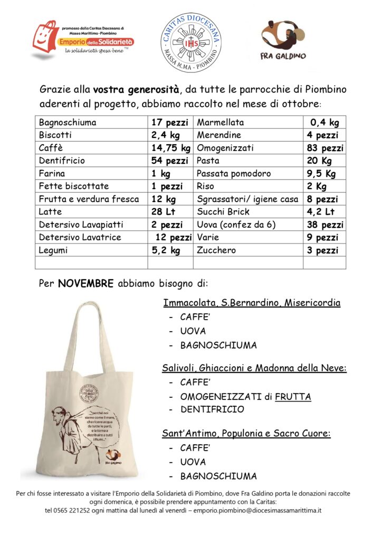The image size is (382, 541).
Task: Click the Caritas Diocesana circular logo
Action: point(190,43)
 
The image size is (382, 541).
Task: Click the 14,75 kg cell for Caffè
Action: point(170,148)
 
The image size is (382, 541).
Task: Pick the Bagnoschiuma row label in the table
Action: point(68,123)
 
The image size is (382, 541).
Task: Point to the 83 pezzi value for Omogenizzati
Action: point(325,148)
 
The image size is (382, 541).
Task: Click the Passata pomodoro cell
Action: point(234,174)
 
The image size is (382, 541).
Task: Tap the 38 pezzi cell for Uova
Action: point(325,225)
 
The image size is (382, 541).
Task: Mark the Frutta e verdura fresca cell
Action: point(89,199)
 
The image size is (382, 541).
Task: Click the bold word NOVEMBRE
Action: point(86,284)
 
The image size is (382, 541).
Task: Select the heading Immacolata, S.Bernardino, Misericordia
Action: point(252,303)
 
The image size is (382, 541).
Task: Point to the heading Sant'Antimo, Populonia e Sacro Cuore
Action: point(246,434)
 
